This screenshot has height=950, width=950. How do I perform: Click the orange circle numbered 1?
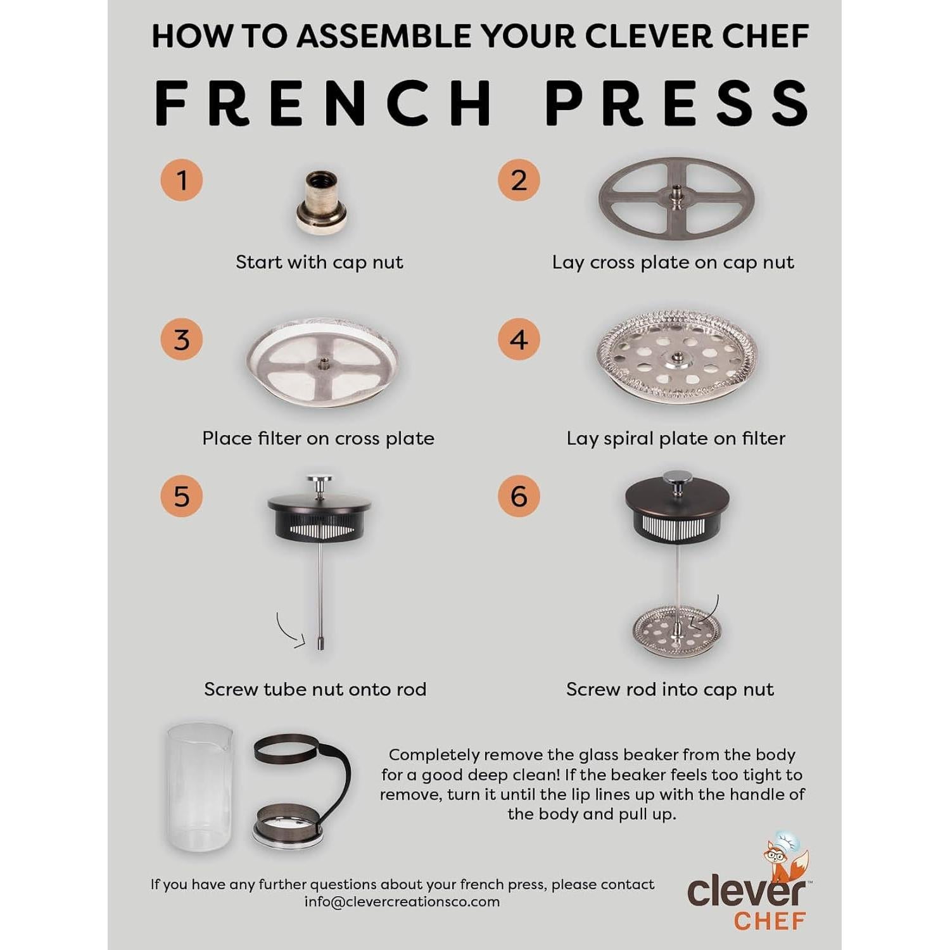tap(182, 180)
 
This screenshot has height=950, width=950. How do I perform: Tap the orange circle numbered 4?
tap(519, 339)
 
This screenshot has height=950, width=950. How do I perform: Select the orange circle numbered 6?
tap(519, 496)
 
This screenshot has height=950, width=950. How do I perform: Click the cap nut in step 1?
tap(322, 203)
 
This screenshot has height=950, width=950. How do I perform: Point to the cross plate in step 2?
tap(676, 198)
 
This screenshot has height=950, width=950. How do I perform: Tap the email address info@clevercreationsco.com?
tap(402, 902)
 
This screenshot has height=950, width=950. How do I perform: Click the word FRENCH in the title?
tap(324, 103)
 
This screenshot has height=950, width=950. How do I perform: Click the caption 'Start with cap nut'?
tap(319, 262)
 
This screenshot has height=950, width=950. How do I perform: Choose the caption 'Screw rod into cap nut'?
tap(670, 689)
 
